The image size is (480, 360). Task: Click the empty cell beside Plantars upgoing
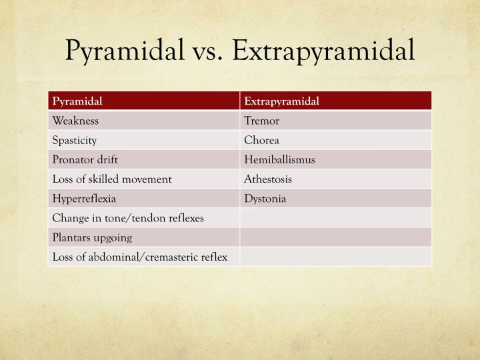click(x=335, y=237)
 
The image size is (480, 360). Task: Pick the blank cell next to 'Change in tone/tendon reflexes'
click(x=335, y=217)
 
